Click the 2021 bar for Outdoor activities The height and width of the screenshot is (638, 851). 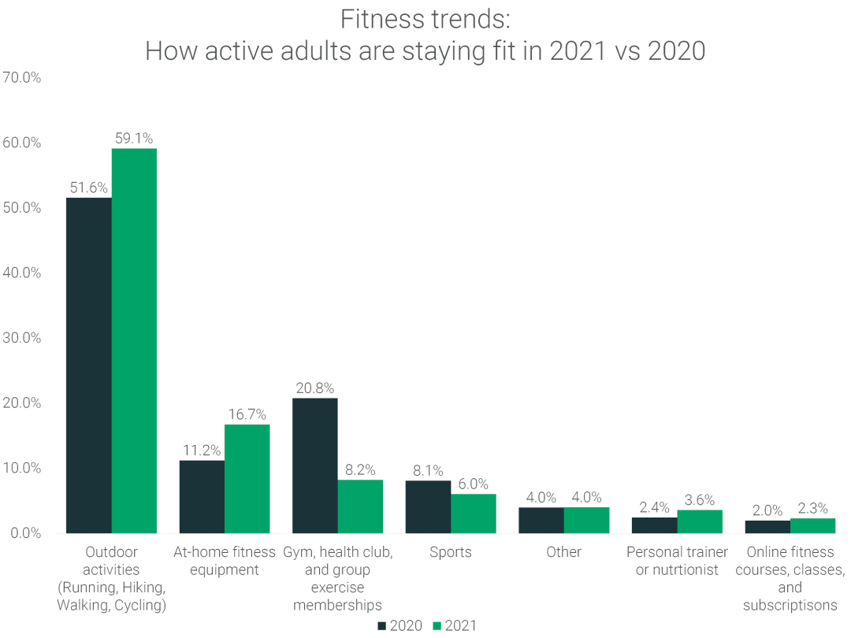point(134,340)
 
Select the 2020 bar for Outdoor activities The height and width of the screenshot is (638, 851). point(88,365)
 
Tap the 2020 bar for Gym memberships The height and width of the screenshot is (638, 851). point(314,466)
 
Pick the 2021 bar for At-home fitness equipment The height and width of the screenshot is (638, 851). point(247,479)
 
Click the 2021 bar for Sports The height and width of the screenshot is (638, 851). point(473,514)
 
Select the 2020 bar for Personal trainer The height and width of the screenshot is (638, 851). point(654,525)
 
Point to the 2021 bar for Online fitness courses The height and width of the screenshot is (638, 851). point(812,525)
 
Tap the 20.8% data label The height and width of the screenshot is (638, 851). point(314,388)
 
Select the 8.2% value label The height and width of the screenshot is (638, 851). point(360,470)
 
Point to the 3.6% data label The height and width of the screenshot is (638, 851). point(699,500)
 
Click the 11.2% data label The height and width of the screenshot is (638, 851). point(202,451)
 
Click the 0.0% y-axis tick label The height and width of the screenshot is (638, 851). point(24,533)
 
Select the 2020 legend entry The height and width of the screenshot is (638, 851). point(399,626)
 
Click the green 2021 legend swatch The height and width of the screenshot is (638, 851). point(437,626)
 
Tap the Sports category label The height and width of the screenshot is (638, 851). point(451,552)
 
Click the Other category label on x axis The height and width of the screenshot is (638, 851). point(563,552)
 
